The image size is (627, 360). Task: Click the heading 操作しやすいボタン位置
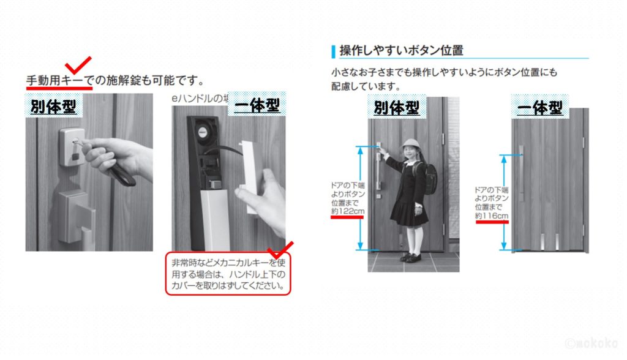click(401, 50)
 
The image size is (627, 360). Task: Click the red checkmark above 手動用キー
click(79, 64)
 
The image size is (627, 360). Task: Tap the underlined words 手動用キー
click(58, 80)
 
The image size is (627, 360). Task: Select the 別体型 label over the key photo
click(53, 107)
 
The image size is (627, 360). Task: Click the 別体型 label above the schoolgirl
click(397, 108)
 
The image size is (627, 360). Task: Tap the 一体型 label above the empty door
click(539, 108)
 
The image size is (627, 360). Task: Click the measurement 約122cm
click(347, 211)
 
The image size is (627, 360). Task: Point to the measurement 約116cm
click(492, 217)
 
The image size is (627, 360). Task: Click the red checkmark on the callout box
click(281, 249)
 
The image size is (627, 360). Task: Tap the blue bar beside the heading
click(332, 50)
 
